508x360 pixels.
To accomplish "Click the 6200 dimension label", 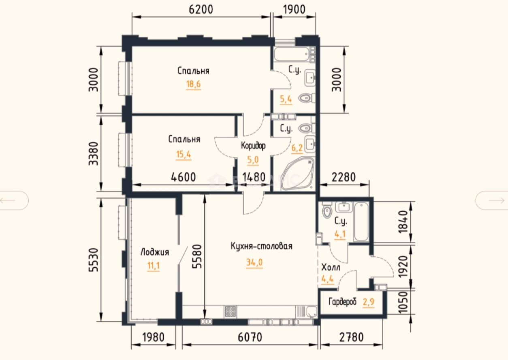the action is coord(201,10).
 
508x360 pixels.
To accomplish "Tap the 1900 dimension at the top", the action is coord(294,10).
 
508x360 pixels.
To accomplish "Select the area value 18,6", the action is coord(194,84).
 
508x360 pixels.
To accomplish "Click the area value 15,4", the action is coord(184,154).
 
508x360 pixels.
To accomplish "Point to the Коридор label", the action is coord(253,145).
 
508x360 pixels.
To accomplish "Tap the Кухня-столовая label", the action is coord(261,246).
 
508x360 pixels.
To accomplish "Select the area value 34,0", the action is coord(254,262).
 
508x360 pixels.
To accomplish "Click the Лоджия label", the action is coord(155,252).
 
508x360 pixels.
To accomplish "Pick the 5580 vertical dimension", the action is coord(197,256).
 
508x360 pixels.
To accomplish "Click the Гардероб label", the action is coord(342,302).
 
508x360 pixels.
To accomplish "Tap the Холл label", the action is coord(331,268).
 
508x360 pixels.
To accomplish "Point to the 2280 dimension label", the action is coord(344,177).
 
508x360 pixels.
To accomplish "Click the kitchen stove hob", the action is coord(231,311).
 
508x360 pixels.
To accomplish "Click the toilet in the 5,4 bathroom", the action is coord(306,98).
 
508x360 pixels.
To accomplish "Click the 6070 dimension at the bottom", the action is coord(250,337).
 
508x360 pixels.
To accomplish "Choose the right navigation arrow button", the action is coord(491,200).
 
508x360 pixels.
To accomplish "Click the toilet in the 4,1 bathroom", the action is coord(327,210).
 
